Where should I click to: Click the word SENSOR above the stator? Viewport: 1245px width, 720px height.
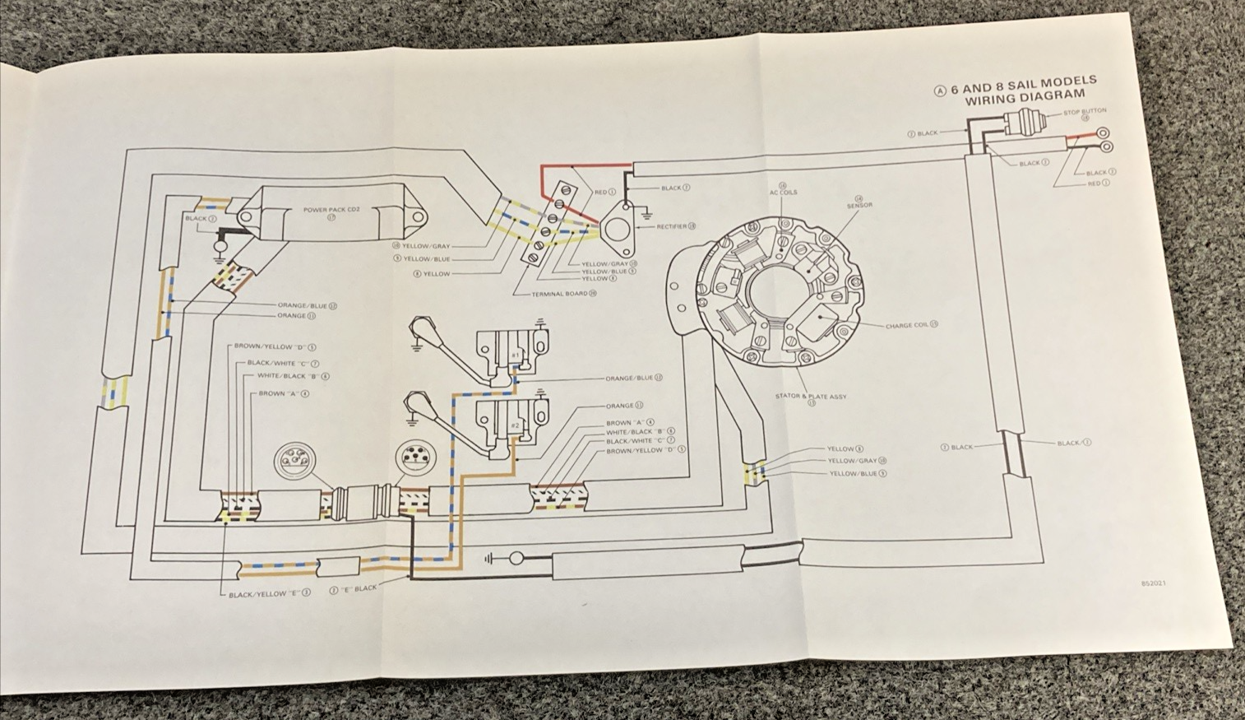(x=859, y=205)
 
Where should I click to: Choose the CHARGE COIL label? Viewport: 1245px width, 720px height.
(x=907, y=326)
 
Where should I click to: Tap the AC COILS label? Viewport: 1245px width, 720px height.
(x=783, y=192)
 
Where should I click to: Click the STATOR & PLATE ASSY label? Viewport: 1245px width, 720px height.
(x=810, y=397)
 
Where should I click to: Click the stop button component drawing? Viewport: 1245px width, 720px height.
(x=1024, y=125)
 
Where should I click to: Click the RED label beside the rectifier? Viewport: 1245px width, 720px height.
(x=604, y=193)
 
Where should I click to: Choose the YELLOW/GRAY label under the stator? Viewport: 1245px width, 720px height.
(x=852, y=461)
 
